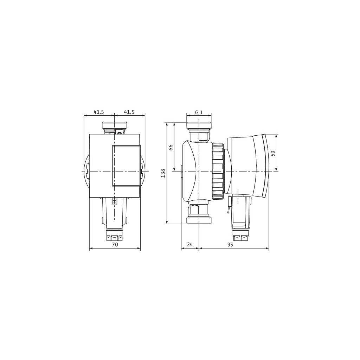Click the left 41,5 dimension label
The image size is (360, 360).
tap(99, 112)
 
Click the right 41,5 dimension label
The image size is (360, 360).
tap(129, 112)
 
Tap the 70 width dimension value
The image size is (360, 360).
tap(115, 245)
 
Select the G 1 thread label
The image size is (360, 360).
tap(199, 112)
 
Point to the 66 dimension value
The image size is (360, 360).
tap(171, 147)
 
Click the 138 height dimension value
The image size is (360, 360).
tap(163, 173)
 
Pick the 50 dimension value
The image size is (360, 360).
tap(272, 153)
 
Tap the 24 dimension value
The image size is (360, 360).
tap(190, 245)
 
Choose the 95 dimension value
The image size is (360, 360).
tap(230, 245)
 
